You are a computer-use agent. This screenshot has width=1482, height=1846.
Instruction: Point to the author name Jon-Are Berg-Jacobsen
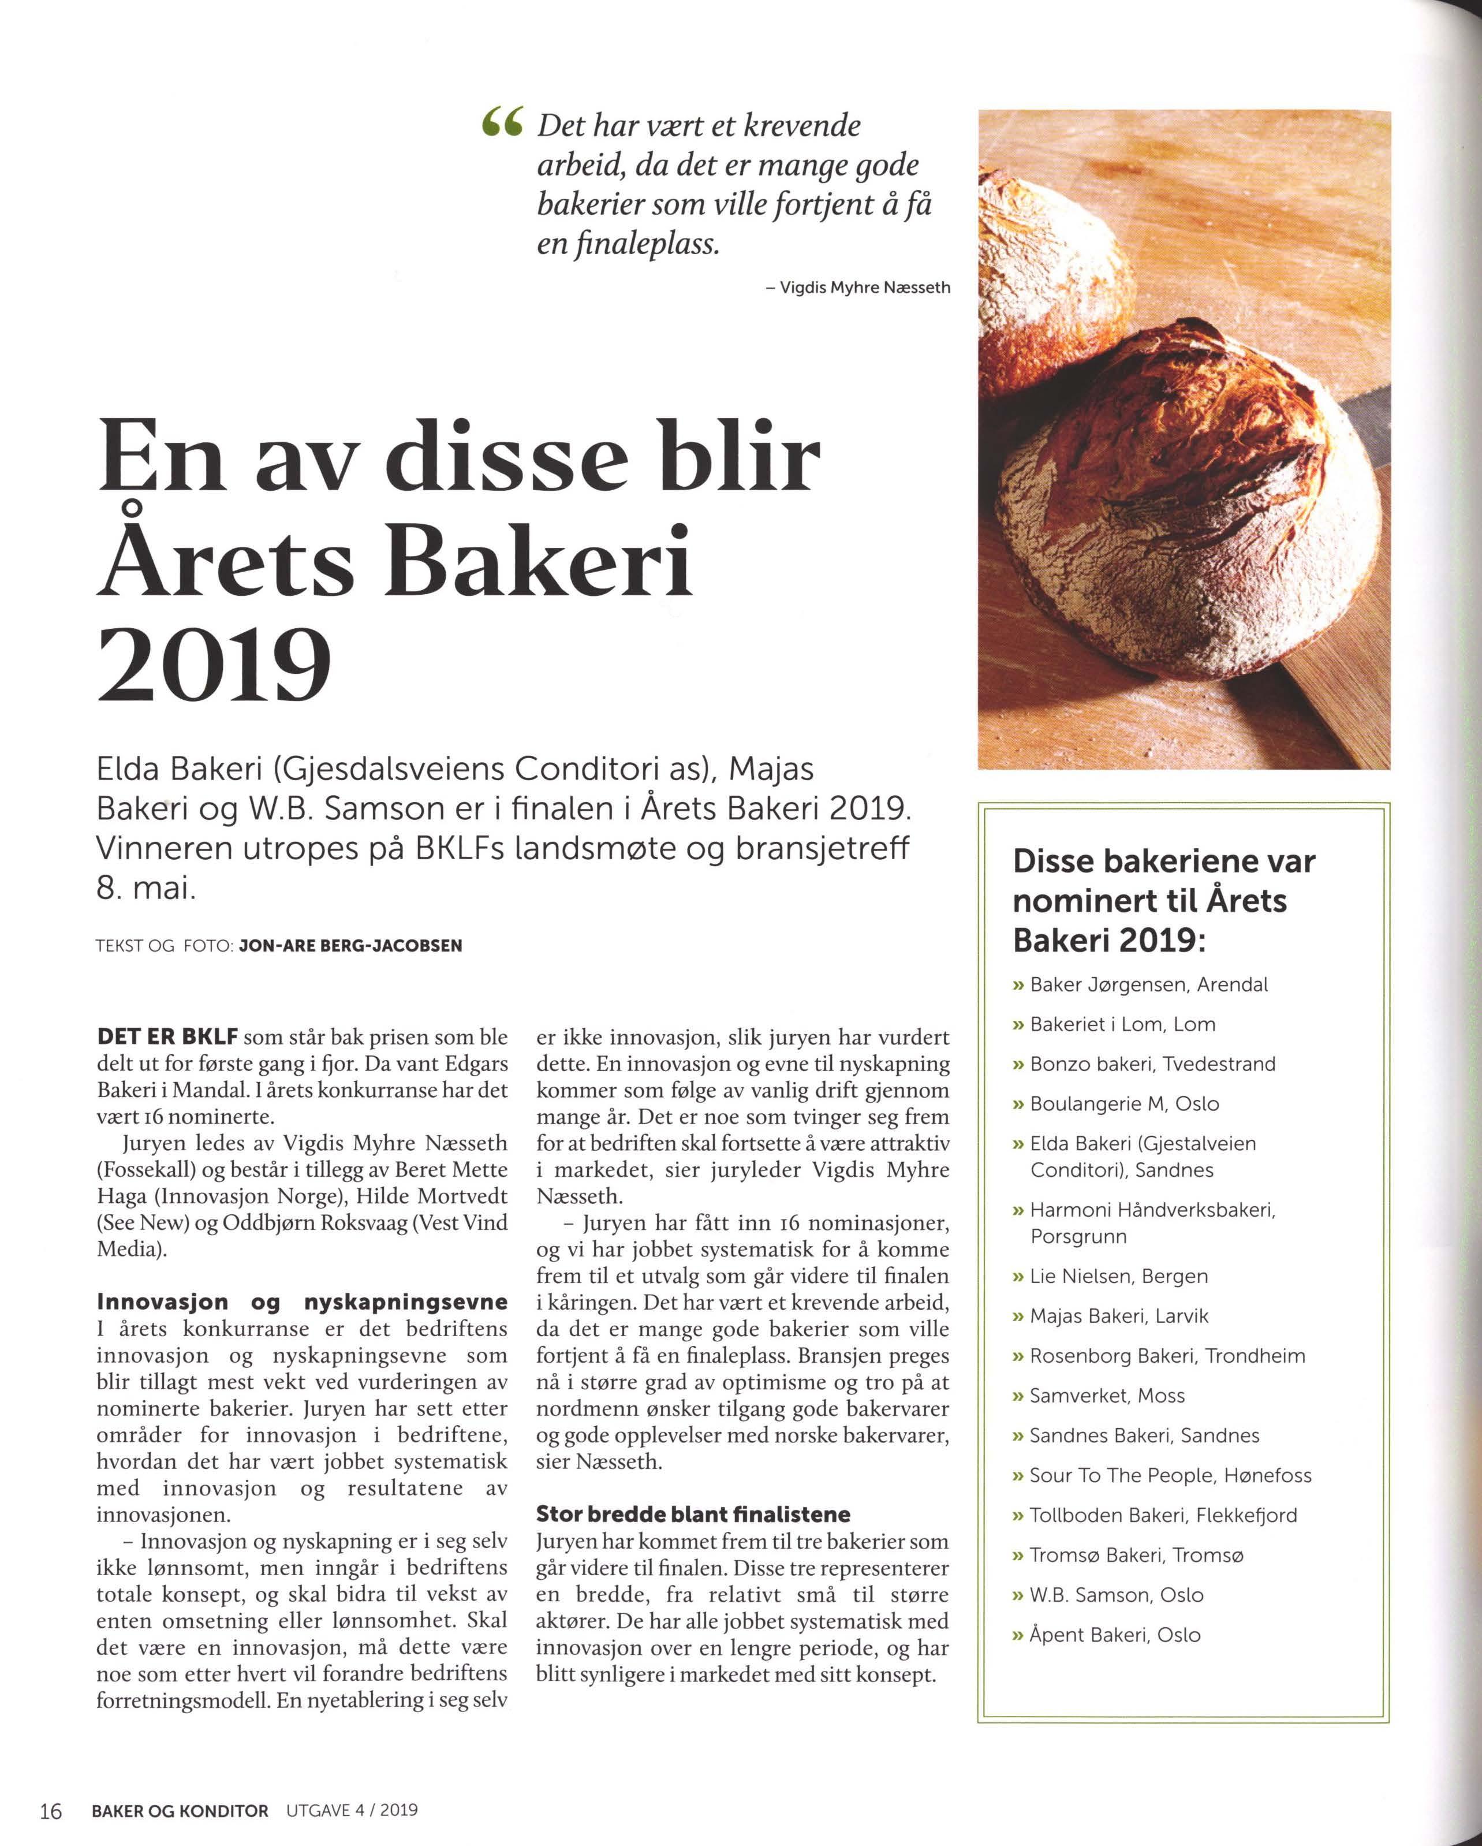[351, 946]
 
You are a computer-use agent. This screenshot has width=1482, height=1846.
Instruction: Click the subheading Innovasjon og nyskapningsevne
[301, 1302]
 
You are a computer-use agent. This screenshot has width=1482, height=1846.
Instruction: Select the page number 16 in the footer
[50, 1810]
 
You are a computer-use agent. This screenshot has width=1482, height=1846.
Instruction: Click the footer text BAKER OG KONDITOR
[180, 1810]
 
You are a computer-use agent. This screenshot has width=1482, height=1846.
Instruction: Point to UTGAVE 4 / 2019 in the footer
[345, 1810]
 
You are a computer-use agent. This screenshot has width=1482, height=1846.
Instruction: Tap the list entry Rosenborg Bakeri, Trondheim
[1167, 1355]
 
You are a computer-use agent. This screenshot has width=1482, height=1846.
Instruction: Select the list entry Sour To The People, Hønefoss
[1170, 1475]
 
